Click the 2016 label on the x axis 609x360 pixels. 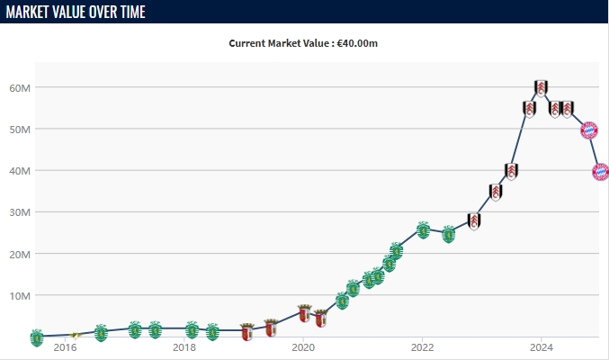(65, 346)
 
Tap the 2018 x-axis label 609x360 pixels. (184, 346)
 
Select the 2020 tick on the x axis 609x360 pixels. (303, 346)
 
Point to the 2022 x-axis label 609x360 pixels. (422, 346)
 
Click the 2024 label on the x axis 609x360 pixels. (541, 346)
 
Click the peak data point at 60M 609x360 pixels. (541, 88)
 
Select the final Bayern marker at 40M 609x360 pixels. (600, 171)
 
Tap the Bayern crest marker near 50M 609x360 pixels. (589, 130)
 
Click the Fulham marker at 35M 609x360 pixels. (496, 192)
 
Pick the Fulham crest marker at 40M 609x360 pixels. (511, 171)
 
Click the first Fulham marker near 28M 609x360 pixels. (474, 221)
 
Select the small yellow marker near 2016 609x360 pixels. (76, 335)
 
